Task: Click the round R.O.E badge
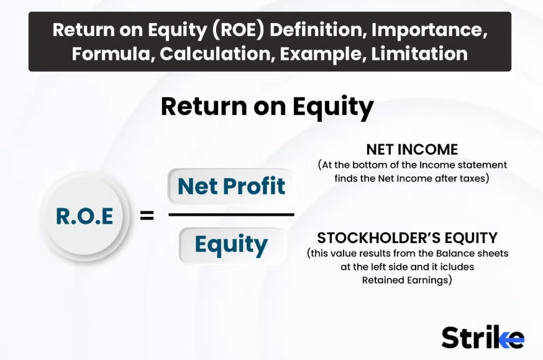tap(84, 216)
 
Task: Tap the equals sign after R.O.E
tap(147, 217)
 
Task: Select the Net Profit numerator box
tap(231, 186)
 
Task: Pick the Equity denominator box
tap(231, 245)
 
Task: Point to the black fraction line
tap(231, 215)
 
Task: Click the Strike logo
tap(483, 337)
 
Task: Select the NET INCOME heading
tap(412, 150)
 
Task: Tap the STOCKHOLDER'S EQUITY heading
tap(407, 238)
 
